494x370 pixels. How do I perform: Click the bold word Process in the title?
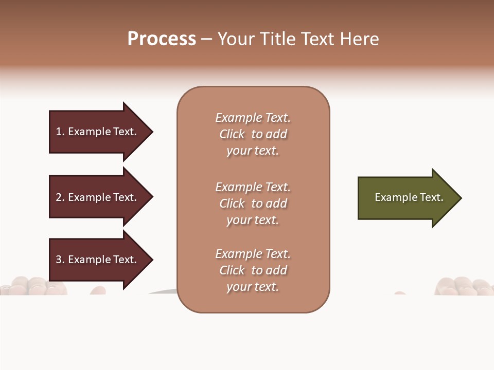[x=162, y=39]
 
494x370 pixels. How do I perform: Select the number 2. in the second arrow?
[x=60, y=197]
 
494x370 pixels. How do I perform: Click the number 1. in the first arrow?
[x=60, y=132]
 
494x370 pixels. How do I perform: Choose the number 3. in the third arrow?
[x=60, y=260]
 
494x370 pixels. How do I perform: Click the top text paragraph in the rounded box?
[x=253, y=134]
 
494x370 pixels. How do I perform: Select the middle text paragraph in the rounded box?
[x=253, y=203]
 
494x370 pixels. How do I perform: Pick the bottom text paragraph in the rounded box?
[x=253, y=270]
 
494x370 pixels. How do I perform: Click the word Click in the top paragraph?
[x=232, y=134]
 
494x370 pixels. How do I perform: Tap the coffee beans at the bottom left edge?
[x=31, y=286]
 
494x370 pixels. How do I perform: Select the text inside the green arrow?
[x=409, y=197]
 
